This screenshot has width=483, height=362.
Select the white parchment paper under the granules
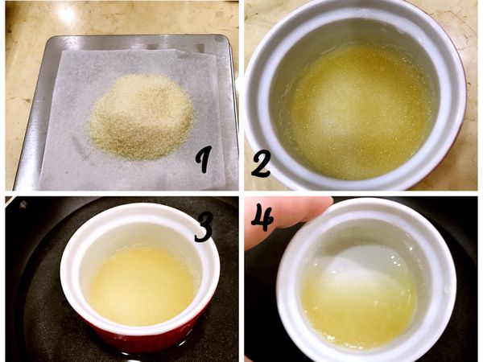click(x=72, y=153)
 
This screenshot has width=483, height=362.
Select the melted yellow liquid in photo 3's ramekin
click(x=141, y=282)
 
